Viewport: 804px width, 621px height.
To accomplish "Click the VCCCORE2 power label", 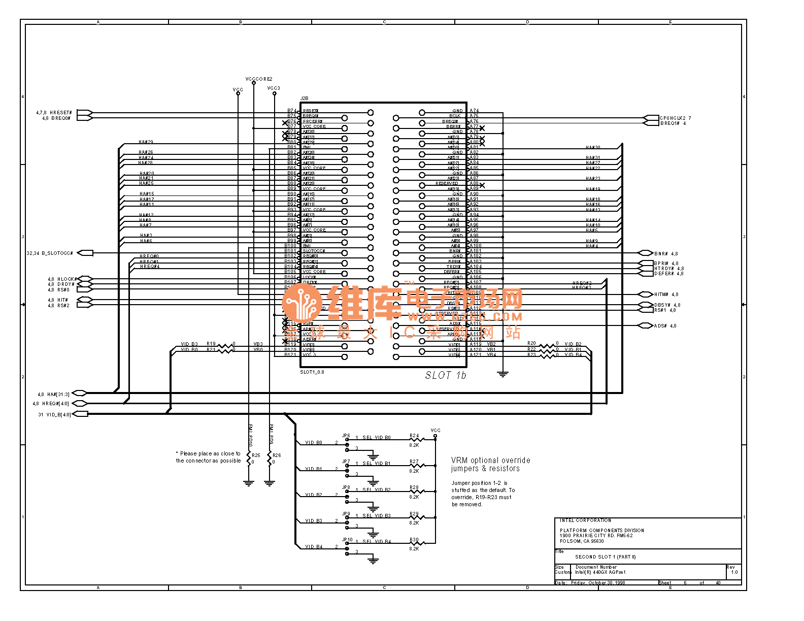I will tap(259, 79).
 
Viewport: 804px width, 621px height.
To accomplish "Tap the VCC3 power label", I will tap(274, 88).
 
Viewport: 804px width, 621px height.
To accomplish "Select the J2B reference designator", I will tap(304, 99).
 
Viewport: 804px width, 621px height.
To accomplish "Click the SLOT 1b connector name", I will tap(445, 375).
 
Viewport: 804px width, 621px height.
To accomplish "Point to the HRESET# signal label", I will tap(60, 113).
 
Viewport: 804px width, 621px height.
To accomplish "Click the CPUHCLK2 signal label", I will tap(673, 118).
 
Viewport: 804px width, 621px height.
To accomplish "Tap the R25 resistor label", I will tap(256, 455).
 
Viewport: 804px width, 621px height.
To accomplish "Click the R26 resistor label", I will tap(277, 455).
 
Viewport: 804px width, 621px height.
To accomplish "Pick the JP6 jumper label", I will tap(346, 436).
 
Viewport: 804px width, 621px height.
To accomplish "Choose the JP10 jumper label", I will tap(347, 540).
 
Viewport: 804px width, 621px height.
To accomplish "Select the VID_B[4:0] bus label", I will tap(58, 414).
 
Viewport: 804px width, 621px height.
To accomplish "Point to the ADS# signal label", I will tap(660, 326).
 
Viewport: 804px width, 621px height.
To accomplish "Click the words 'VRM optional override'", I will tap(490, 460).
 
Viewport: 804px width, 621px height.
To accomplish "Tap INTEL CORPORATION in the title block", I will tap(585, 520).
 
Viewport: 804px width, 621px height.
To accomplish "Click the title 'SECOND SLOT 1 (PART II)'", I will tap(605, 557).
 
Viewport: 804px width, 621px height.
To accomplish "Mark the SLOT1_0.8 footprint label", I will tap(312, 372).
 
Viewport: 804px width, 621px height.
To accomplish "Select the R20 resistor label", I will tap(531, 343).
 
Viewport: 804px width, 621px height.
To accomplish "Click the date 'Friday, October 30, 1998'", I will tap(598, 583).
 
